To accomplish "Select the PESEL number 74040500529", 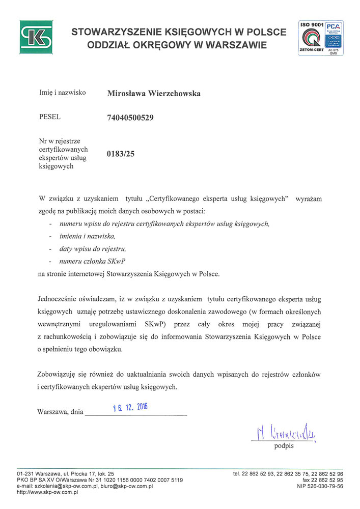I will (x=130, y=118).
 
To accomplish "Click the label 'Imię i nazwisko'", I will (x=62, y=93).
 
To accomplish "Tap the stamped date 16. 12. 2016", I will (x=130, y=408).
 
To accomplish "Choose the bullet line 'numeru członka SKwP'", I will (x=93, y=261).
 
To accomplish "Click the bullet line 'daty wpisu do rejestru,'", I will (x=93, y=249).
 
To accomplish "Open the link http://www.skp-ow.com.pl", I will (x=47, y=492).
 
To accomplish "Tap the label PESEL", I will (x=50, y=117).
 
